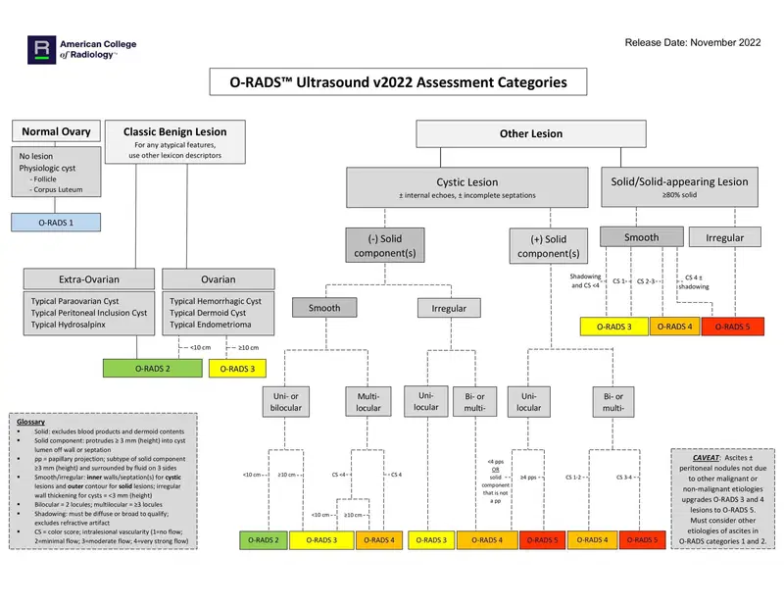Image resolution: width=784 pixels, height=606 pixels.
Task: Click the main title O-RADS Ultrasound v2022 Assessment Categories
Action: pyautogui.click(x=390, y=82)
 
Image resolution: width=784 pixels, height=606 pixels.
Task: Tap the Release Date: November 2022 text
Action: pyautogui.click(x=694, y=42)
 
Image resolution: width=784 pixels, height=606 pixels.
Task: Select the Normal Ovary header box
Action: pyautogui.click(x=56, y=131)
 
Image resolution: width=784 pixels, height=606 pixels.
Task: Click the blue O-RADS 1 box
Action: pyautogui.click(x=56, y=223)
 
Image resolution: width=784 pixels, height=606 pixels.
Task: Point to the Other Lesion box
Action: pyautogui.click(x=530, y=133)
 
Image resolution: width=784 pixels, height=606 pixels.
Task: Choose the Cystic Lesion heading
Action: pyautogui.click(x=466, y=182)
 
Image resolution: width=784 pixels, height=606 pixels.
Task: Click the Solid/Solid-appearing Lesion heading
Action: pyautogui.click(x=678, y=181)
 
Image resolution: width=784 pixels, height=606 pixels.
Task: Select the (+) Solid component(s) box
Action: pyautogui.click(x=541, y=246)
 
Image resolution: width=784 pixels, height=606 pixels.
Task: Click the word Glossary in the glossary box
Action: pyautogui.click(x=32, y=422)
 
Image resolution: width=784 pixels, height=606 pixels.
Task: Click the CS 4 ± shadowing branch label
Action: pyautogui.click(x=695, y=282)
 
